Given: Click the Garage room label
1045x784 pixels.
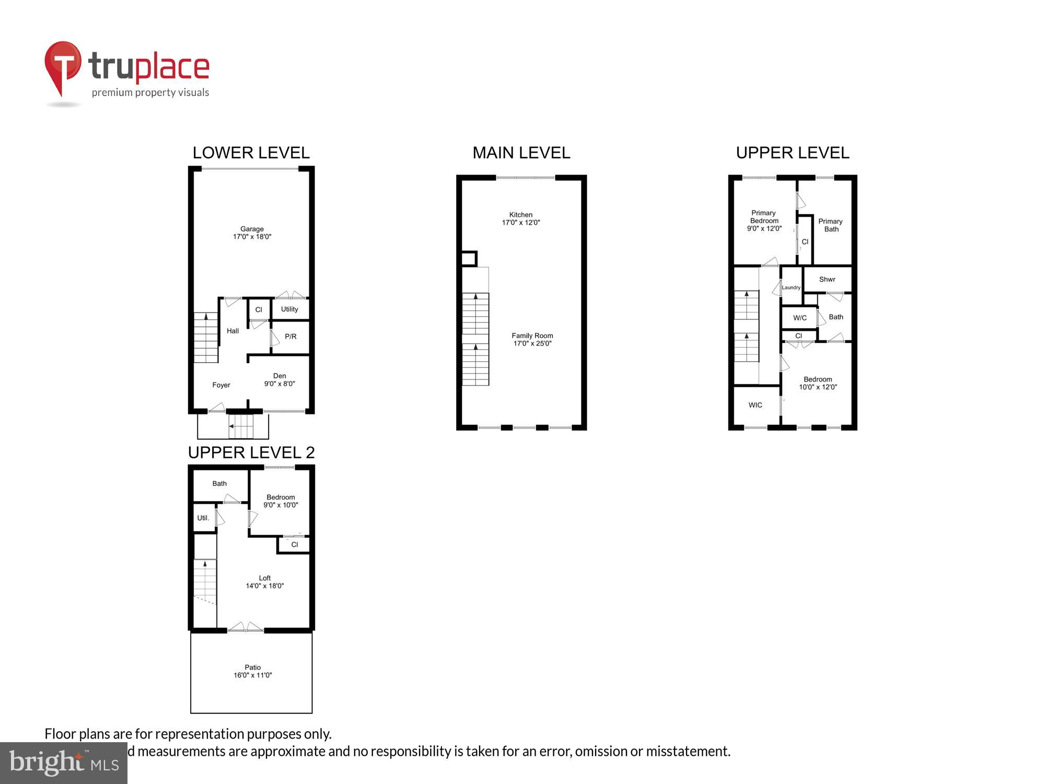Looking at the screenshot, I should [x=252, y=233].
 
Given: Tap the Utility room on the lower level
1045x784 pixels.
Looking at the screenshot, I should [x=289, y=309].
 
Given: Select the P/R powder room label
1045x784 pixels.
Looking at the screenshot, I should [x=291, y=337].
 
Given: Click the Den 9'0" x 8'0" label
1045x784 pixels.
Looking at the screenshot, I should [x=280, y=380].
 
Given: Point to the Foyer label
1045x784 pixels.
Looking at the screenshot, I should [x=221, y=385].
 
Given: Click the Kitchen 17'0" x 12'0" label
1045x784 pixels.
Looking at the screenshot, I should [x=521, y=218].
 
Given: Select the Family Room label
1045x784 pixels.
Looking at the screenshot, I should [x=532, y=340].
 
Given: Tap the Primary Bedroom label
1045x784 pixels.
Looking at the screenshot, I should [x=764, y=221].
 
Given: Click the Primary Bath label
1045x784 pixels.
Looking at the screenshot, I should [x=830, y=225].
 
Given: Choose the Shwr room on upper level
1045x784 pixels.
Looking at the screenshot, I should [x=827, y=280].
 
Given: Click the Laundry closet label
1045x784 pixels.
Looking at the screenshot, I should [x=791, y=287].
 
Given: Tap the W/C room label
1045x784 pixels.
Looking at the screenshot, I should [x=799, y=318].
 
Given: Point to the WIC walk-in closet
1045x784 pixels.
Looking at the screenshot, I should [x=755, y=405].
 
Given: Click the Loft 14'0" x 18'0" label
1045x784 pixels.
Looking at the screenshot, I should [x=265, y=582].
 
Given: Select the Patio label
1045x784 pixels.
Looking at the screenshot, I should [x=252, y=671].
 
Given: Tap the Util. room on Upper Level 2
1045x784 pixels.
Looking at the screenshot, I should [x=203, y=518].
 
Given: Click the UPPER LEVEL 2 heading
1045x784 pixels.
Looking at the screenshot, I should [x=251, y=453].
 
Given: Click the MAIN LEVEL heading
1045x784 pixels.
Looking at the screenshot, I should [x=521, y=153].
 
